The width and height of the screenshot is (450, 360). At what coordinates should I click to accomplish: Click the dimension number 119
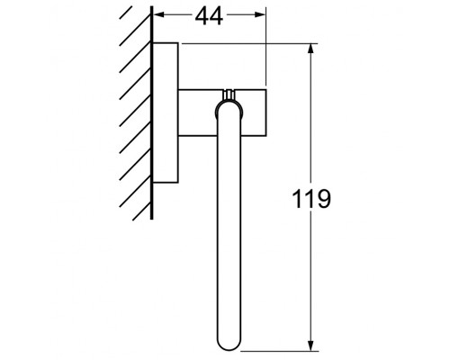(311, 199)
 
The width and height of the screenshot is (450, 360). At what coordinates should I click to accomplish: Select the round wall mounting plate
(165, 112)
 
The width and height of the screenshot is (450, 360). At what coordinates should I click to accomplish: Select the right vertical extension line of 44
(266, 54)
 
